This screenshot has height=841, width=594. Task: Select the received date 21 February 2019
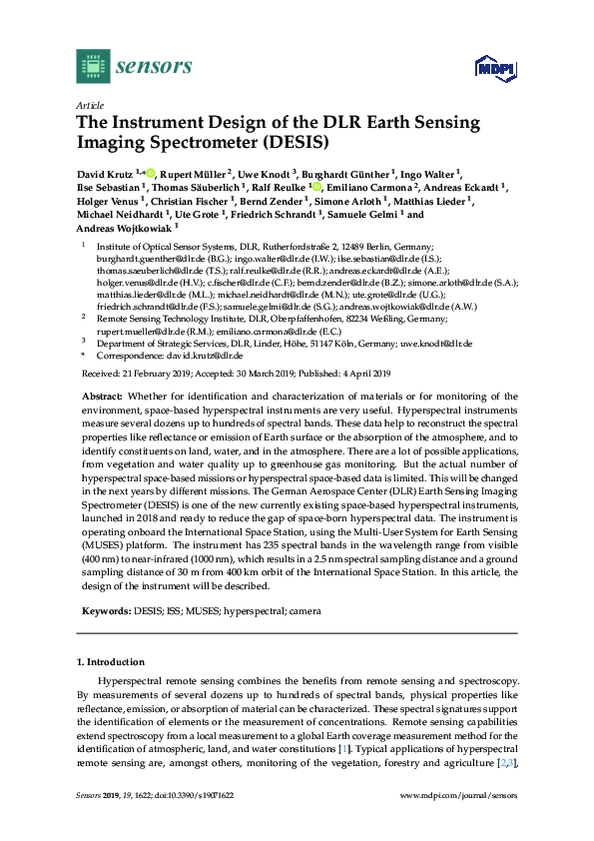click(x=149, y=375)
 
